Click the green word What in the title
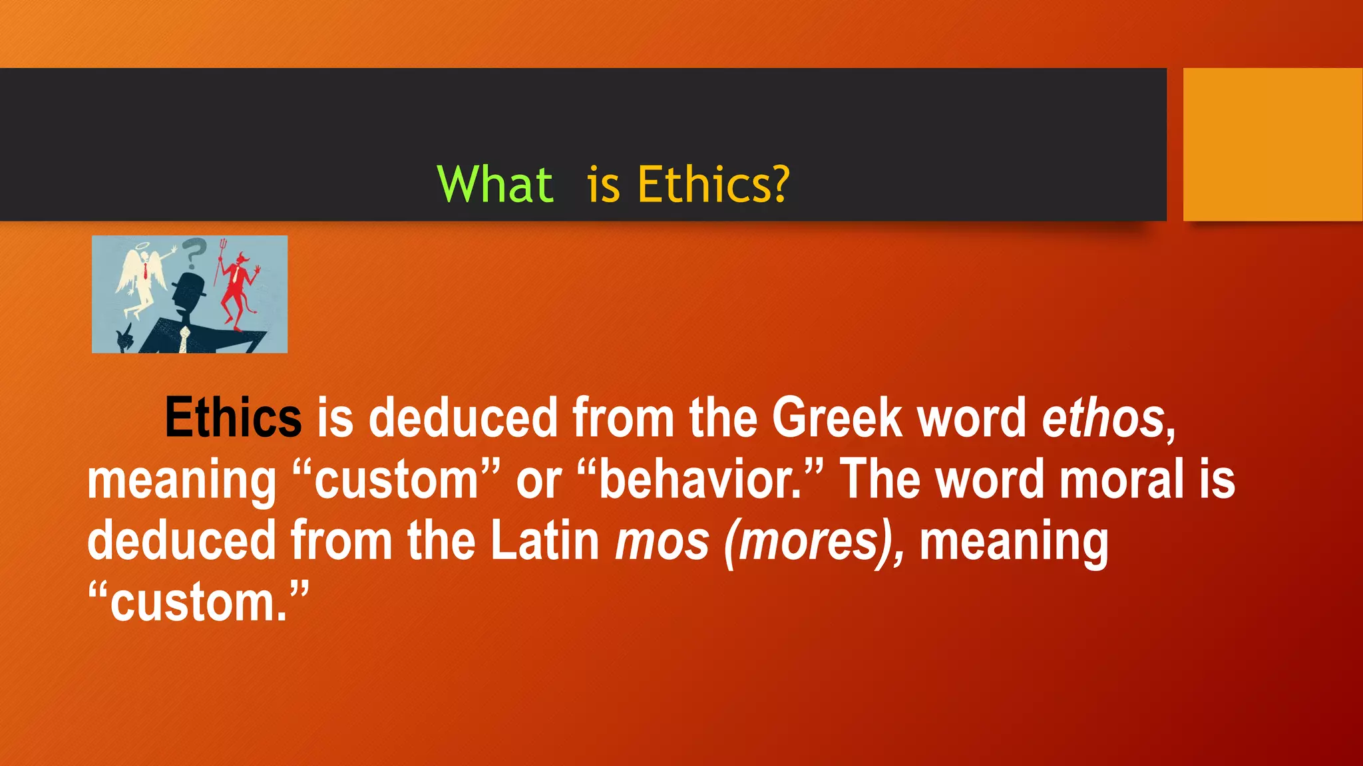click(495, 184)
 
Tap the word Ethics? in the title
click(713, 184)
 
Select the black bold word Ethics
click(233, 418)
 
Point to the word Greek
click(837, 418)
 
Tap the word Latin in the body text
click(545, 541)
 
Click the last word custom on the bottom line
click(198, 602)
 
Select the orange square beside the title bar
click(1272, 144)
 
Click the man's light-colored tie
click(184, 339)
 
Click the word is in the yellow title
click(603, 184)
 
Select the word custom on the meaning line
click(396, 479)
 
